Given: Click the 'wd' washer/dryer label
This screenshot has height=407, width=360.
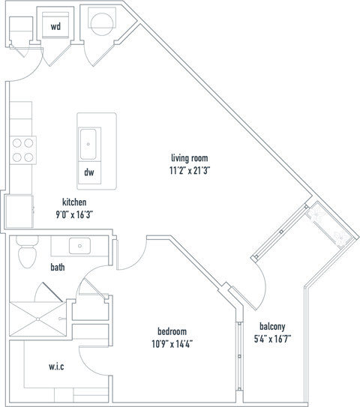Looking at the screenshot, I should pos(55,27).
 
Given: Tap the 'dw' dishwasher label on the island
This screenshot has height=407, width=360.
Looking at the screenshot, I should pos(88,172).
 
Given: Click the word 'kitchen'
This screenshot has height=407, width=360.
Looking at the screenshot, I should pos(74,202).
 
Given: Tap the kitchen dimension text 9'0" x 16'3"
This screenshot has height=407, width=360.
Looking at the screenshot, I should pos(74,214).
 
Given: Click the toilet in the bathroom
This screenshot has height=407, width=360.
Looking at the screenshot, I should pos(26,253).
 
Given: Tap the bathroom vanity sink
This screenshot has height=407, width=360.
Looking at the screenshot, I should pos(78,245).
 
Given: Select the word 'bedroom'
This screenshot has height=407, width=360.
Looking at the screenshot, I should pos(172,331).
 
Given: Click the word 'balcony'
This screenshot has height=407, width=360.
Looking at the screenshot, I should pos(271,326).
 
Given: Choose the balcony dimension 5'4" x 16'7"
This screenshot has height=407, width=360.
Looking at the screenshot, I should pos(271,338).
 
